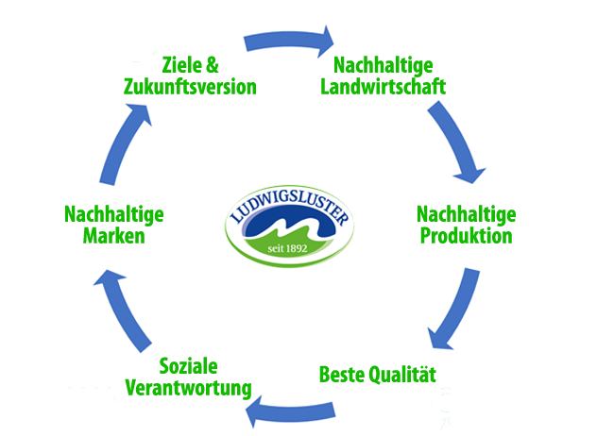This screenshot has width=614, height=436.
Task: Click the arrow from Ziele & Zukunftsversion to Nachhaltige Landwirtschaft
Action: (288, 39)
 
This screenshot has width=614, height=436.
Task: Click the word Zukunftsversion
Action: (190, 87)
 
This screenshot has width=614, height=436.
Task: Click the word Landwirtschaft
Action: (383, 87)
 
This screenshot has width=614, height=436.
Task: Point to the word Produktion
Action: (466, 235)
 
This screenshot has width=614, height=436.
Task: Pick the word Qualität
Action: (404, 373)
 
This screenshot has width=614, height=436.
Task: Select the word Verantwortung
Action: (188, 388)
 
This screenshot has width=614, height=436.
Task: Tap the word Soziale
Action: (189, 366)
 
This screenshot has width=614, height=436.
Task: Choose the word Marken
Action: (113, 235)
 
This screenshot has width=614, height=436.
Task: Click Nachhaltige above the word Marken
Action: (113, 214)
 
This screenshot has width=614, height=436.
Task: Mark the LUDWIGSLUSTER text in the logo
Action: (289, 206)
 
